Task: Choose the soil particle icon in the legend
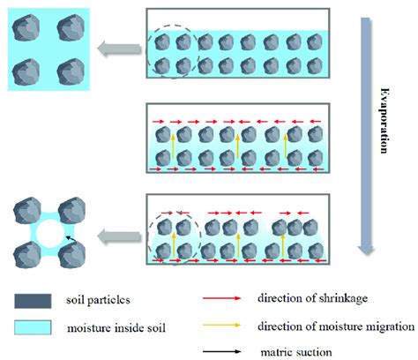click(x=34, y=300)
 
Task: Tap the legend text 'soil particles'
click(x=105, y=301)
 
